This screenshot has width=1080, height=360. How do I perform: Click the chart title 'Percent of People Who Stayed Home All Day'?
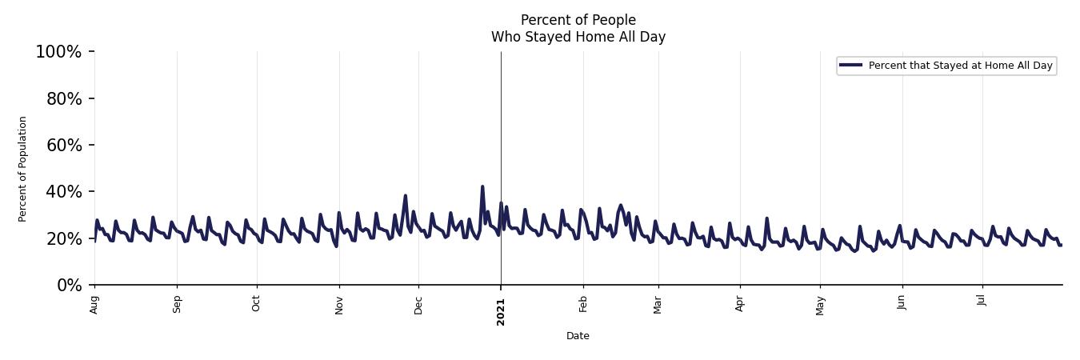click(578, 28)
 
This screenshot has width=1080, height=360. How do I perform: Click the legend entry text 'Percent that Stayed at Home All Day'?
click(960, 66)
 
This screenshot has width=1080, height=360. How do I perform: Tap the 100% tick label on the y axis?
click(58, 52)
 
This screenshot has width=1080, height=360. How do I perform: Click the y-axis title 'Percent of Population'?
click(23, 169)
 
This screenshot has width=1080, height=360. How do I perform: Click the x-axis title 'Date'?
click(578, 336)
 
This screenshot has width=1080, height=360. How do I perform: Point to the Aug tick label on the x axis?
click(94, 305)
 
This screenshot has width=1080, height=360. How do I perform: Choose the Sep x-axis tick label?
click(177, 305)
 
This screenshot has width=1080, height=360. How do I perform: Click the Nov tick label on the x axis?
click(339, 305)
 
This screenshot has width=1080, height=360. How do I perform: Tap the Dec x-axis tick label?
click(418, 305)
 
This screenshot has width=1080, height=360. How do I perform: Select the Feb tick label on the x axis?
click(583, 305)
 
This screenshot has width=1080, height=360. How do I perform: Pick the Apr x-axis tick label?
click(740, 305)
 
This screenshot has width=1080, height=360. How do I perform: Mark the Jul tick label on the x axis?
click(982, 302)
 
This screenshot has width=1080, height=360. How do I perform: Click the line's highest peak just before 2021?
click(482, 186)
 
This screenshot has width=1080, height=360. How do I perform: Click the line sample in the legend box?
click(850, 66)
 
